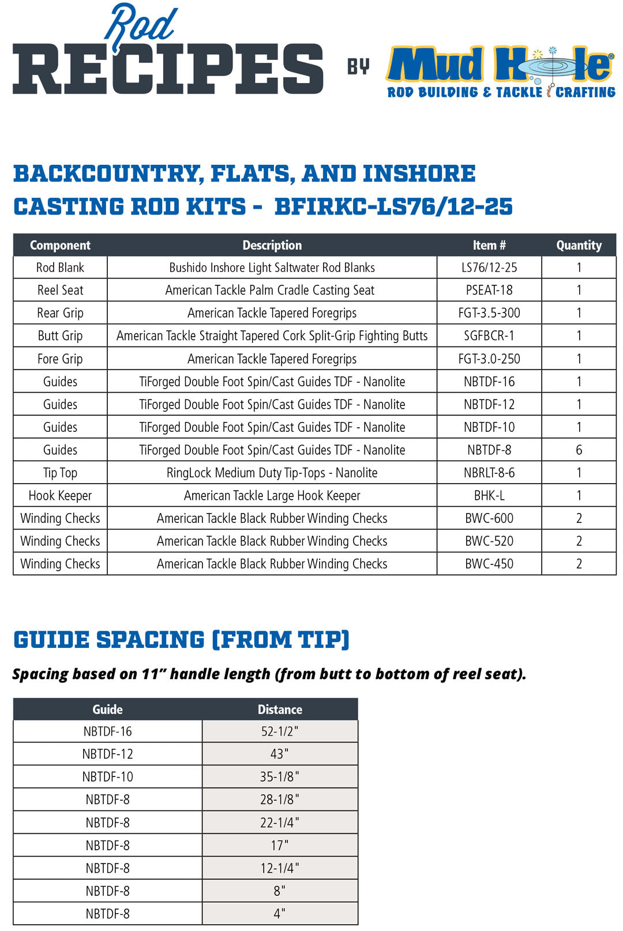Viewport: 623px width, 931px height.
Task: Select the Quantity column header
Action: click(x=579, y=245)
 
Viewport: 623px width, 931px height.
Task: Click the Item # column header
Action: click(x=489, y=245)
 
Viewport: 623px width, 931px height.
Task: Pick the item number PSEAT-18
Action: click(x=489, y=290)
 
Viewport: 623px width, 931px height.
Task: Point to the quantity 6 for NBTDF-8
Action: click(x=579, y=450)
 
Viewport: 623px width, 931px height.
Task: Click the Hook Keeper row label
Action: click(x=60, y=495)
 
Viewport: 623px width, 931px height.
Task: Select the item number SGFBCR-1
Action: click(x=489, y=336)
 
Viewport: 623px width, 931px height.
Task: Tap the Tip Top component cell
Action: click(x=60, y=473)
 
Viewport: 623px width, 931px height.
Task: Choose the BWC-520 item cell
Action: click(x=489, y=541)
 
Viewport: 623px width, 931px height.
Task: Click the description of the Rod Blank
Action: click(x=272, y=267)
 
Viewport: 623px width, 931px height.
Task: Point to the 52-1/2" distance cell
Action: click(x=280, y=731)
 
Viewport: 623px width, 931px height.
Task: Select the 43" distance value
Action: click(x=280, y=754)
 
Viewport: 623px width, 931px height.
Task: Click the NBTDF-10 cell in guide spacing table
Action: click(x=107, y=777)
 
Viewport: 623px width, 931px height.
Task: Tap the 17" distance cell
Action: click(x=280, y=845)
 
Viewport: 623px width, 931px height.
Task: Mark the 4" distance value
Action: click(x=280, y=914)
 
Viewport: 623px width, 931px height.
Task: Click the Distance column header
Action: click(x=280, y=709)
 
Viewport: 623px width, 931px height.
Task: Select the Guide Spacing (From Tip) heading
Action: click(x=181, y=640)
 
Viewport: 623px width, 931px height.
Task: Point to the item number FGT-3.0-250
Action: click(x=489, y=359)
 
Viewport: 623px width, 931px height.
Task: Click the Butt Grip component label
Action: click(x=60, y=336)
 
